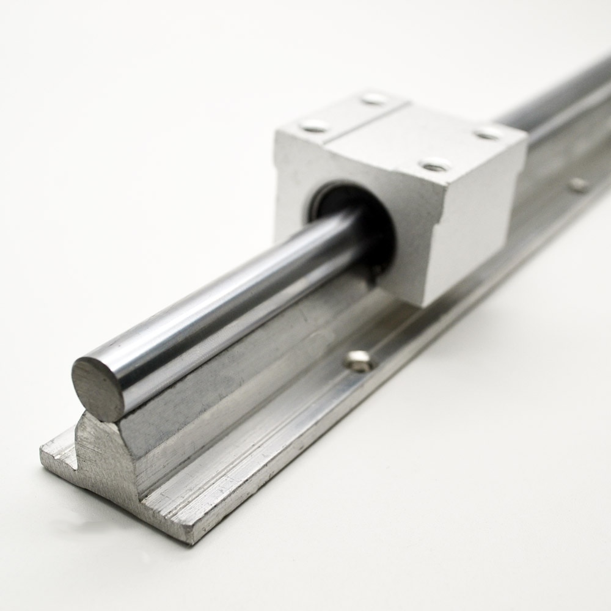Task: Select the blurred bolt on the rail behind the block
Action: pos(578,184)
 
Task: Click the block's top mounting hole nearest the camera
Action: pos(436,164)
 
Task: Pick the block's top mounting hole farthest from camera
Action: pos(374,97)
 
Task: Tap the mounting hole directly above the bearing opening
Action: pos(315,126)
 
